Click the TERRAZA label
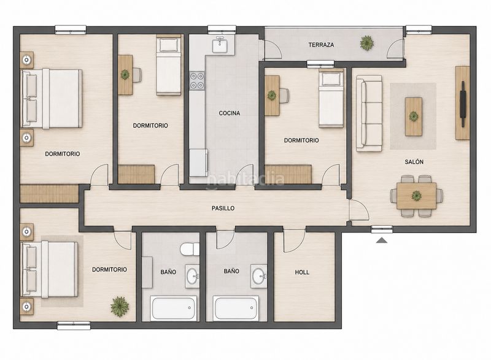tap(321, 45)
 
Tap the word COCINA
tap(230, 113)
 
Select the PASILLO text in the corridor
tap(223, 209)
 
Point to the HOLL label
tap(302, 272)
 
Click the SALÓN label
tap(414, 162)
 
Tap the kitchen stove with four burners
tap(197, 81)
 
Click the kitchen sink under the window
tap(221, 45)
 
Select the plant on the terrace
tap(366, 42)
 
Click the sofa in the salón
tap(369, 113)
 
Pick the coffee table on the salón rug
tap(414, 117)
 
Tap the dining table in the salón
tap(417, 196)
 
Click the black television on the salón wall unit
tap(463, 104)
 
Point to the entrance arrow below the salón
tap(382, 240)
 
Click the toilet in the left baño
tap(190, 249)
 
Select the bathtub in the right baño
tap(236, 308)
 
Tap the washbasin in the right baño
tap(259, 276)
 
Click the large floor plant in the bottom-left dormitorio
tap(120, 307)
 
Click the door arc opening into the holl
tap(295, 241)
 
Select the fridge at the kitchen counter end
tap(198, 163)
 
